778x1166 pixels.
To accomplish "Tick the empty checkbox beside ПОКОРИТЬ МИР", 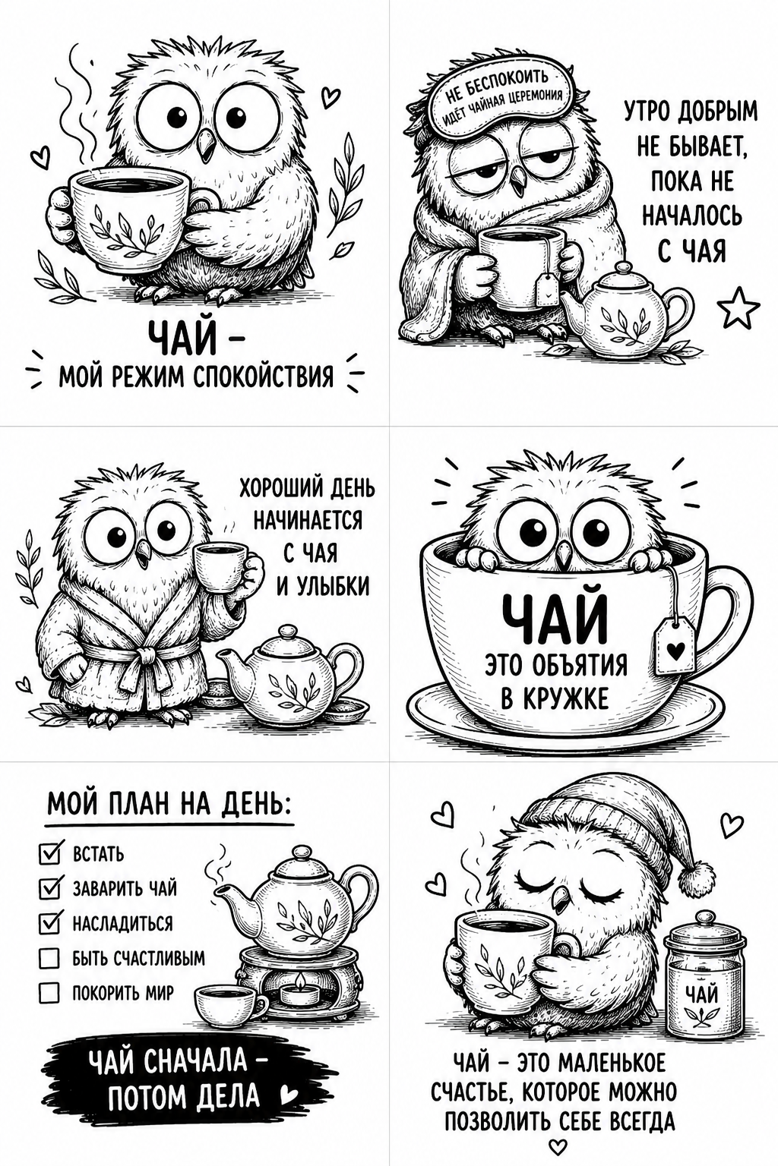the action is [49, 993].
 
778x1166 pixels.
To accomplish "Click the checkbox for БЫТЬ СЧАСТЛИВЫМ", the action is [49, 958].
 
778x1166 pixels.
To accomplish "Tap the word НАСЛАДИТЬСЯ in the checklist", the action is [122, 923].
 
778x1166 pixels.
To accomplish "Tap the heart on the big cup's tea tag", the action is [675, 650].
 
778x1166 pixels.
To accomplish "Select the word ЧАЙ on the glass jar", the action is [701, 994].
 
